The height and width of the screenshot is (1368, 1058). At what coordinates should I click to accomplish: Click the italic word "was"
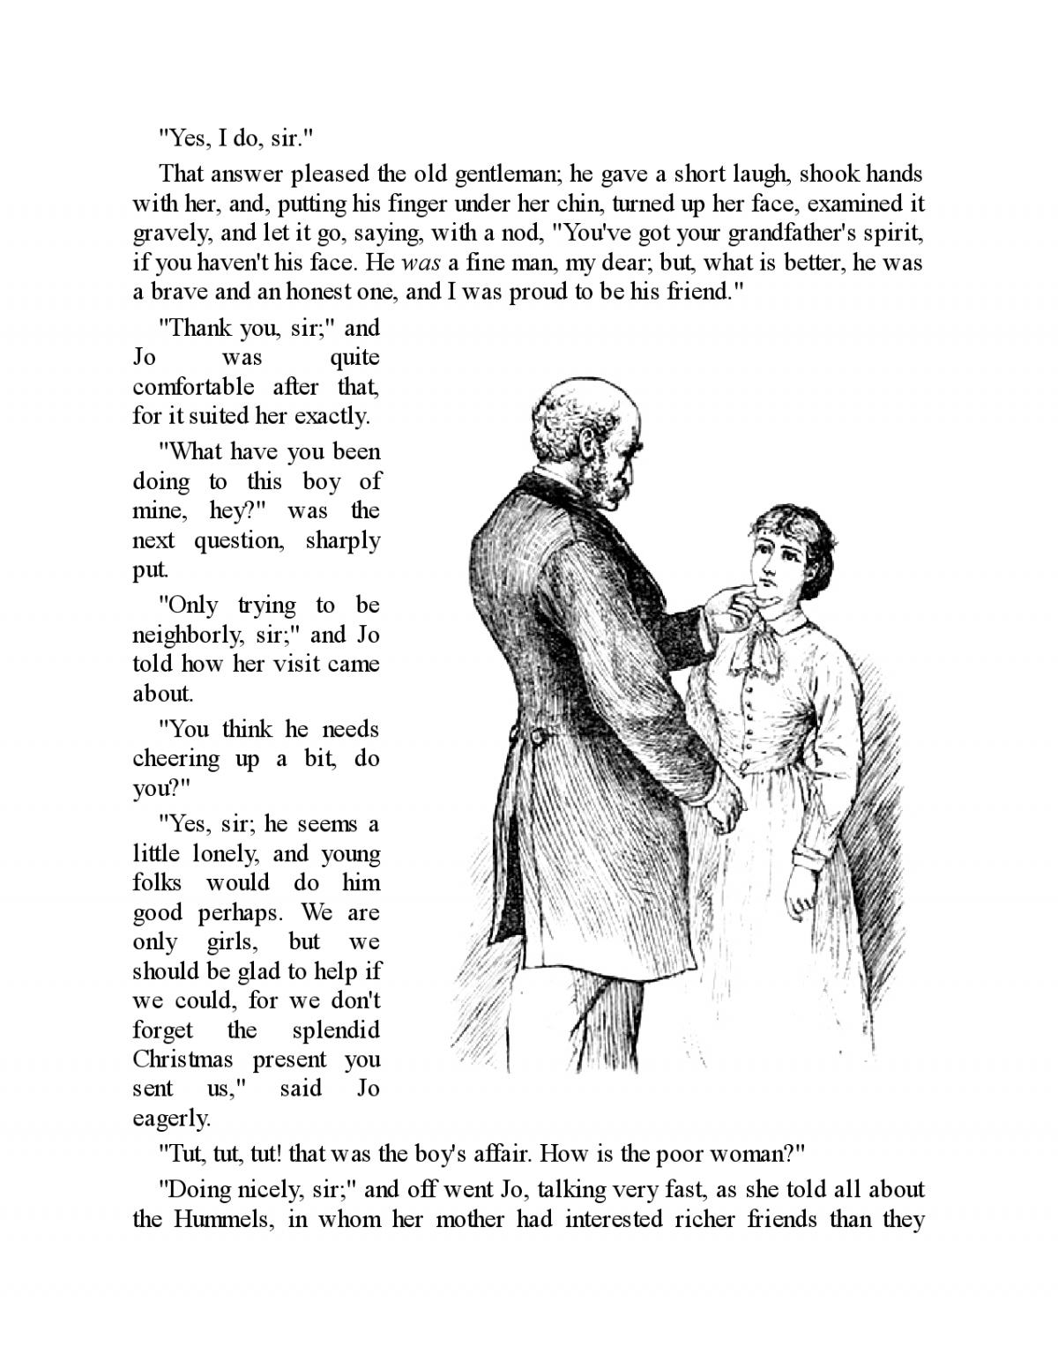[420, 263]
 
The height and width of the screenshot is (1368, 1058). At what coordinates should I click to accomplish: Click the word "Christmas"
[183, 1059]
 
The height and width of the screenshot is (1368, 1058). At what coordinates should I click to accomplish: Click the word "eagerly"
[171, 1119]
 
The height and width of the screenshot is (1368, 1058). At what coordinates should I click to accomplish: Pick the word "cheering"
[175, 759]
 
